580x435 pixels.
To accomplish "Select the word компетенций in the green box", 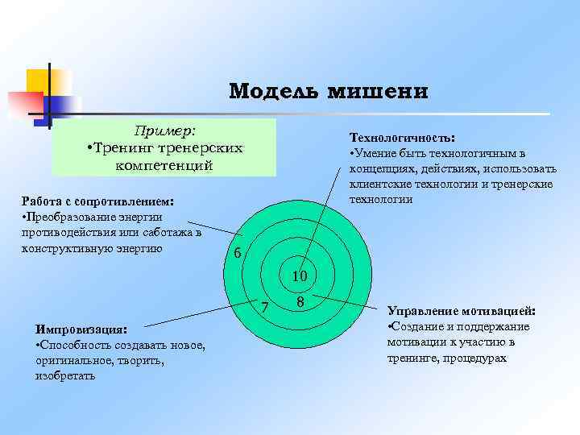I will tap(164, 165).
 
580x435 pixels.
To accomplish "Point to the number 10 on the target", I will tap(300, 276).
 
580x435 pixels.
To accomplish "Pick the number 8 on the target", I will tap(300, 302).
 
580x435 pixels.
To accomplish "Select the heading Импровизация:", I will tap(81, 329).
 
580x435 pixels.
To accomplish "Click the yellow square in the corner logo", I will tap(39, 81).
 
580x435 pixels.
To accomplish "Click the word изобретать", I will tap(65, 376).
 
